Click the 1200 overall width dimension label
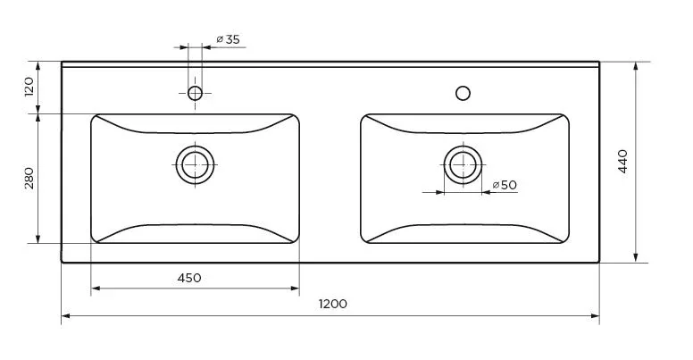tap(333, 304)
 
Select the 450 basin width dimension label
tap(189, 278)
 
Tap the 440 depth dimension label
tap(622, 161)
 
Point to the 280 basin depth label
tap(29, 178)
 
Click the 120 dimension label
tap(29, 87)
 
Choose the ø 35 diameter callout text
tap(228, 39)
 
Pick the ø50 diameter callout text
tap(505, 185)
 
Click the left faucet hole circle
tap(195, 93)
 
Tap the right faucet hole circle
tap(463, 93)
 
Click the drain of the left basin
tap(195, 164)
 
